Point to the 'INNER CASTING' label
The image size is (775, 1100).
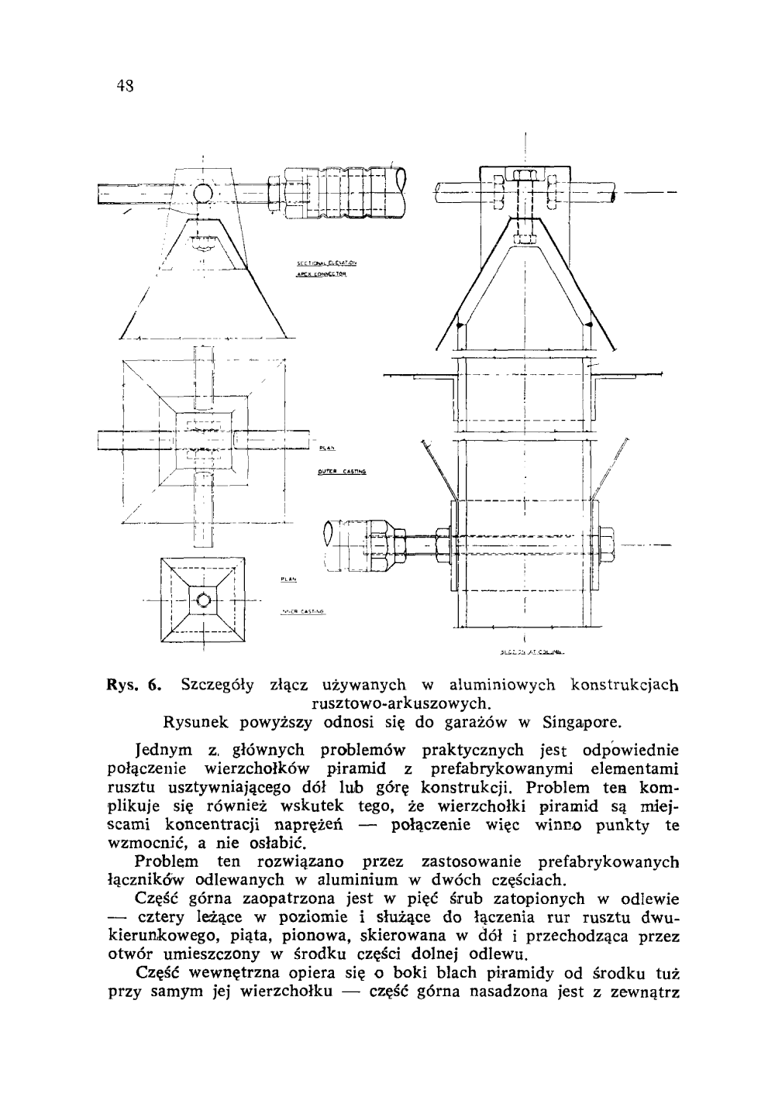pos(303,610)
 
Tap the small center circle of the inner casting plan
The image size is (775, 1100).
pos(203,600)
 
